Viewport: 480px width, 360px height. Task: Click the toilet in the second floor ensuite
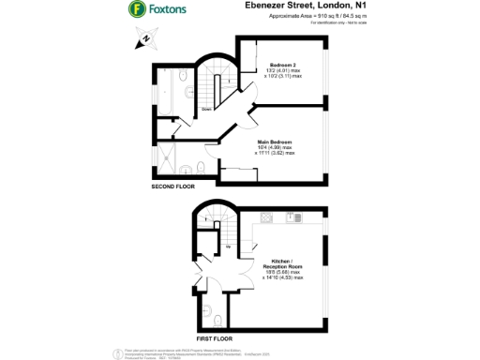(x=202, y=168)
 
